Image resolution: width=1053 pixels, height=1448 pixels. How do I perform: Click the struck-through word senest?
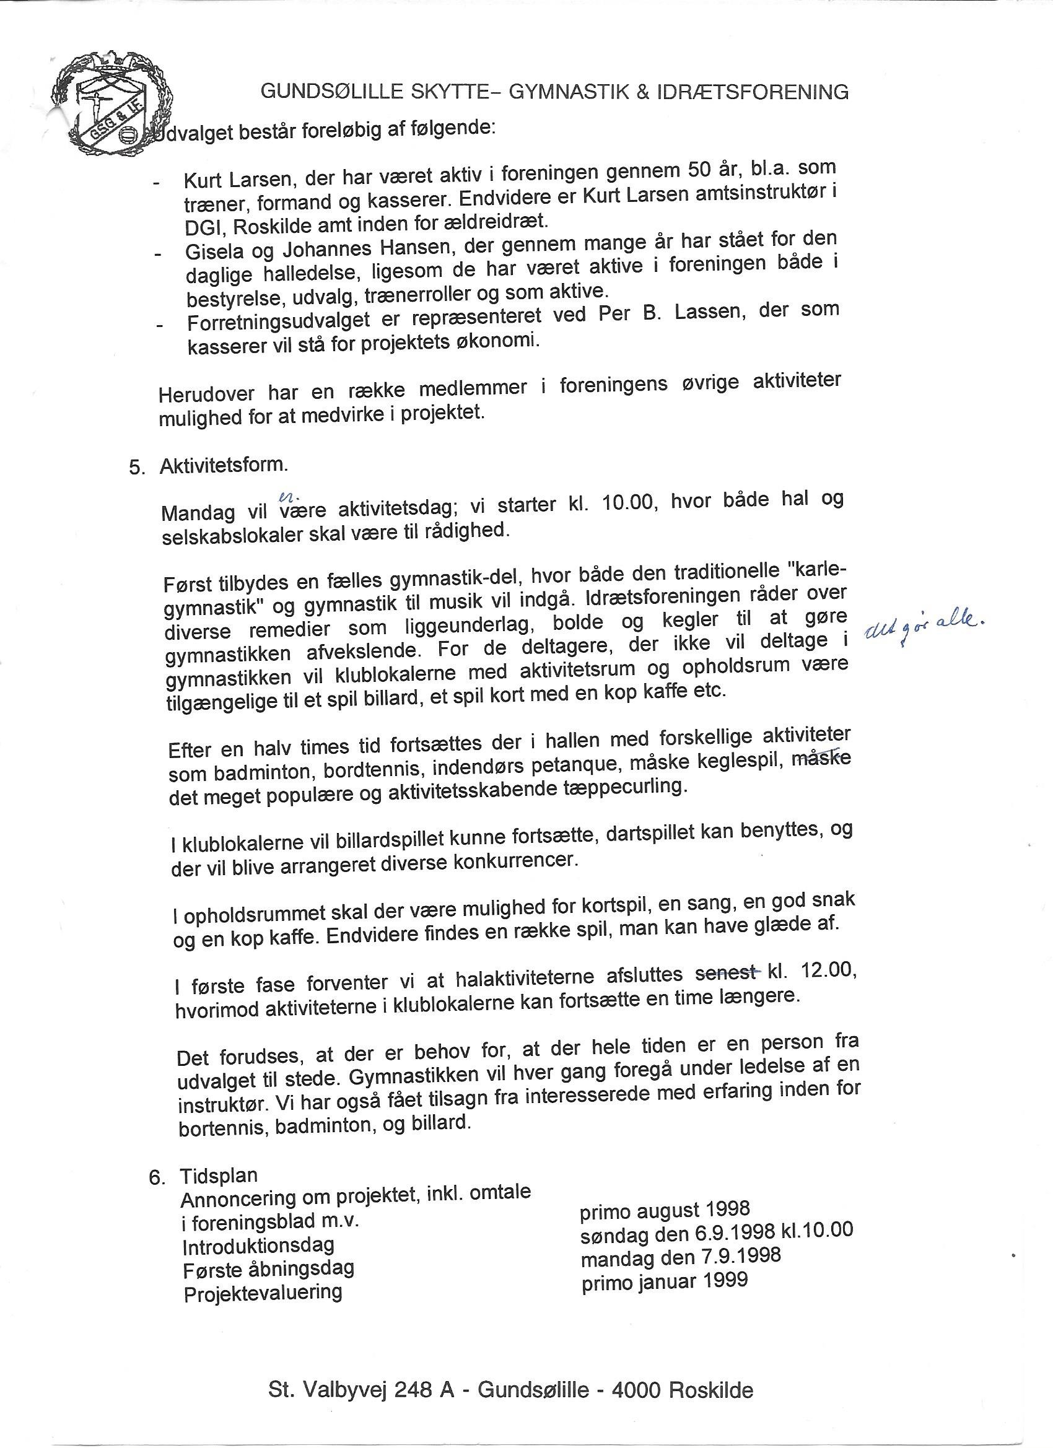pyautogui.click(x=726, y=974)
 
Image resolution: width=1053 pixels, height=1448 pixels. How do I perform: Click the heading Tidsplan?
pyautogui.click(x=219, y=1175)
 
